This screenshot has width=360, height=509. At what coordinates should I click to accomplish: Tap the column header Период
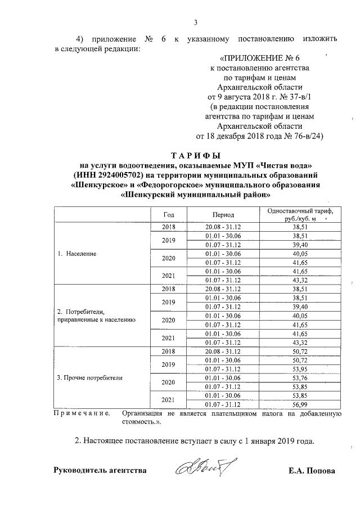pyautogui.click(x=223, y=215)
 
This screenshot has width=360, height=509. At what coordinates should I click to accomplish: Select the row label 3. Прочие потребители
pyautogui.click(x=90, y=377)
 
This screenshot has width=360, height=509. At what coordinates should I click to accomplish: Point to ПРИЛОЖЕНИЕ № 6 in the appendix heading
pyautogui.click(x=264, y=58)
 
